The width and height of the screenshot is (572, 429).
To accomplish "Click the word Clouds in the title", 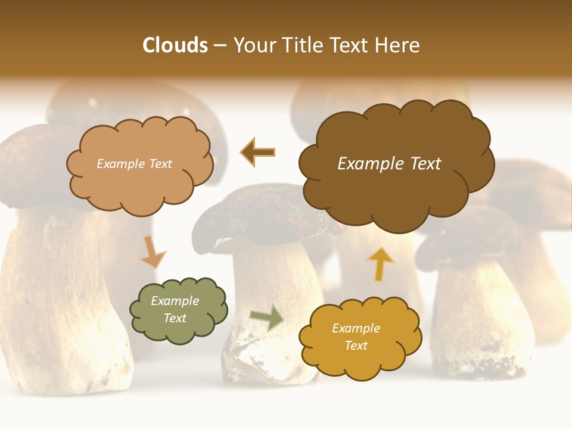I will [175, 45].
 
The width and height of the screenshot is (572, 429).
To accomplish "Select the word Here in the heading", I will [398, 45].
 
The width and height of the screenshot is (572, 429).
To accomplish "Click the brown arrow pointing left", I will [257, 153].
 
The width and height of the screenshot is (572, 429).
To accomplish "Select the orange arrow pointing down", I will [152, 252].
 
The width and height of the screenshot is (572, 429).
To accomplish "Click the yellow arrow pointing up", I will [380, 263].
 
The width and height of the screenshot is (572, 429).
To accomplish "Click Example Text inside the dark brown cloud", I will [389, 164].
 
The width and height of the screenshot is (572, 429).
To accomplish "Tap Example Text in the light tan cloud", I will [134, 164].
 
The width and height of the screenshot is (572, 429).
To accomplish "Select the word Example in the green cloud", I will [175, 301].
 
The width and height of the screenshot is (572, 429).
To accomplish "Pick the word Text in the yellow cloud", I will [356, 346].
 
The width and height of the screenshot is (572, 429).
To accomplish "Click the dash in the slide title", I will [220, 46].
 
